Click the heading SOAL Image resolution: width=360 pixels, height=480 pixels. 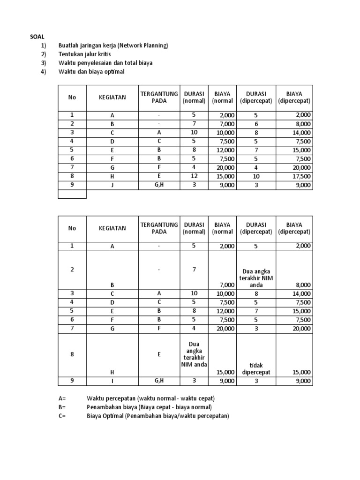pyautogui.click(x=37, y=37)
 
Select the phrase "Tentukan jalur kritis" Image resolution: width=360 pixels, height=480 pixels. pyautogui.click(x=87, y=54)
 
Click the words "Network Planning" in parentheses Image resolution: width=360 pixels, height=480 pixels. pyautogui.click(x=142, y=45)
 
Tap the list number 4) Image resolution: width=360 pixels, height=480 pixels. pyautogui.click(x=44, y=71)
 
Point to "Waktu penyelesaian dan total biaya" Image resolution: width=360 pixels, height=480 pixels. pyautogui.click(x=105, y=63)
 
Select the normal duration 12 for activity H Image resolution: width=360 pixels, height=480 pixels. pyautogui.click(x=194, y=176)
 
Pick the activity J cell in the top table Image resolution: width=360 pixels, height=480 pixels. pyautogui.click(x=112, y=185)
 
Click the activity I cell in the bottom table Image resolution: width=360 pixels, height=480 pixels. pyautogui.click(x=112, y=381)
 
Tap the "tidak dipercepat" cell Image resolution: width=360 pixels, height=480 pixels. pyautogui.click(x=256, y=369)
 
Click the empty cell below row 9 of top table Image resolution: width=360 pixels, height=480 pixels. pyautogui.click(x=72, y=194)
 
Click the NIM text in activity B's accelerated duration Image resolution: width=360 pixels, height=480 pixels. pyautogui.click(x=256, y=277)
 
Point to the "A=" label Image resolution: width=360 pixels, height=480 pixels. pyautogui.click(x=62, y=398)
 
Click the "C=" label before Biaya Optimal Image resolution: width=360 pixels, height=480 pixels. pyautogui.click(x=62, y=416)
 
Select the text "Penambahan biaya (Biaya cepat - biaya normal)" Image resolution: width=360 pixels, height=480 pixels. pyautogui.click(x=149, y=407)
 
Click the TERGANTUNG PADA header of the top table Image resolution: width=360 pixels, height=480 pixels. pyautogui.click(x=159, y=97)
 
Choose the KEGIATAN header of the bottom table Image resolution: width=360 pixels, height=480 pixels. pyautogui.click(x=112, y=228)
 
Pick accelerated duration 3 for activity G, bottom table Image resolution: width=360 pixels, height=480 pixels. pyautogui.click(x=256, y=329)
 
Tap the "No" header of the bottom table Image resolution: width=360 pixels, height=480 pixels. pyautogui.click(x=72, y=228)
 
